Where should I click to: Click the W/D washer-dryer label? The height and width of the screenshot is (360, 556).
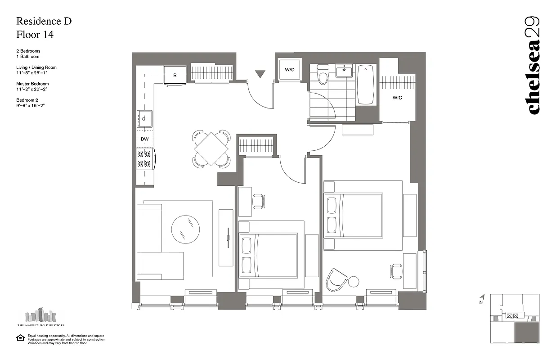point(290,70)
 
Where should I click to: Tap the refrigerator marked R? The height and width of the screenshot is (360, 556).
point(175,75)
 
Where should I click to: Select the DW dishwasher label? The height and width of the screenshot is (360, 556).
point(144,139)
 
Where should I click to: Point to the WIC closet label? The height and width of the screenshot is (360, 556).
point(397,97)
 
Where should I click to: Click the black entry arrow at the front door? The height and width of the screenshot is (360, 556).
point(260,74)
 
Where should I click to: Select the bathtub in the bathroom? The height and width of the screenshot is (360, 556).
point(366,85)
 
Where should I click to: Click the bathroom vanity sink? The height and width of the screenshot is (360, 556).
point(345,71)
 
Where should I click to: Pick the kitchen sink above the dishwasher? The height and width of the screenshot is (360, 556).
point(145,119)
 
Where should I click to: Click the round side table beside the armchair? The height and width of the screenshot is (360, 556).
point(354,282)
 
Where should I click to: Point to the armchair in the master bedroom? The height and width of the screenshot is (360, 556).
point(337,279)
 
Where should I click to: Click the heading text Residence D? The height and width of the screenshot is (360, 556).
point(44,21)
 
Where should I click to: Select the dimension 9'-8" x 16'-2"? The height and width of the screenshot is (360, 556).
point(31,105)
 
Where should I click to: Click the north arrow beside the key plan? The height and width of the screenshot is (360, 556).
point(482,297)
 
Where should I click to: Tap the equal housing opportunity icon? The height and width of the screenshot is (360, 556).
point(20,337)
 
